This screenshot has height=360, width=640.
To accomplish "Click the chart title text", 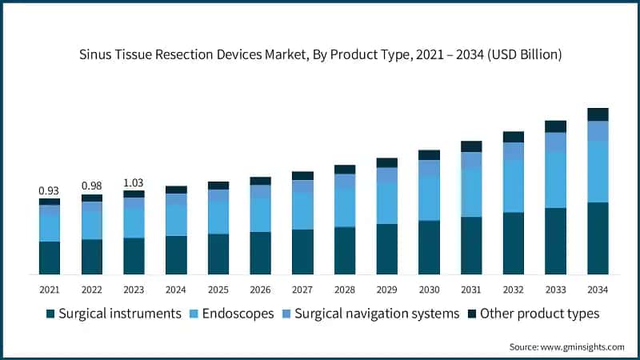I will pyautogui.click(x=320, y=55).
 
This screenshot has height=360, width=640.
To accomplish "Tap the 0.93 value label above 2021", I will pyautogui.click(x=49, y=190).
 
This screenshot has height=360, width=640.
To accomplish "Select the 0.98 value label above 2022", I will pyautogui.click(x=91, y=186).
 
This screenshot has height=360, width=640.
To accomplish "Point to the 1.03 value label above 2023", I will pyautogui.click(x=134, y=182).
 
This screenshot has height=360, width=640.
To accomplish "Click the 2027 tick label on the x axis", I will pyautogui.click(x=302, y=289).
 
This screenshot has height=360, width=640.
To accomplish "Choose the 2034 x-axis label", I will pyautogui.click(x=598, y=289).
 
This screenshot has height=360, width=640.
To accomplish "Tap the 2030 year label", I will pyautogui.click(x=429, y=289).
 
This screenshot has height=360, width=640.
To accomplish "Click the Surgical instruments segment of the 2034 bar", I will pyautogui.click(x=598, y=238).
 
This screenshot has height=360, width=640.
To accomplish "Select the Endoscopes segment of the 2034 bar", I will pyautogui.click(x=598, y=172).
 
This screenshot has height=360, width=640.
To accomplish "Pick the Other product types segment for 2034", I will pyautogui.click(x=598, y=114).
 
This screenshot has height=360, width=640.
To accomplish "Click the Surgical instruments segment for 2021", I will pyautogui.click(x=49, y=258).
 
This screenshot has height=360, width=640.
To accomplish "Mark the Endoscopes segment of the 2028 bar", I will pyautogui.click(x=345, y=208).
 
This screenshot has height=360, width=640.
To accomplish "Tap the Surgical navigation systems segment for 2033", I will pyautogui.click(x=555, y=142).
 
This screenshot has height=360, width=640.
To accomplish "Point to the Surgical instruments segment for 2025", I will pyautogui.click(x=218, y=254).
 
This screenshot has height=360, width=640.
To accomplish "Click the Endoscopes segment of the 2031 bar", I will pyautogui.click(x=471, y=192).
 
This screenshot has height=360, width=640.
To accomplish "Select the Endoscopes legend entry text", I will pyautogui.click(x=238, y=314).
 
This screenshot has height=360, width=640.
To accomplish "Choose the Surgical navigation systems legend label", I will pyautogui.click(x=377, y=314).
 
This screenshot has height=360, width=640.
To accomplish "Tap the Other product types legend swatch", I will pyautogui.click(x=472, y=314).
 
